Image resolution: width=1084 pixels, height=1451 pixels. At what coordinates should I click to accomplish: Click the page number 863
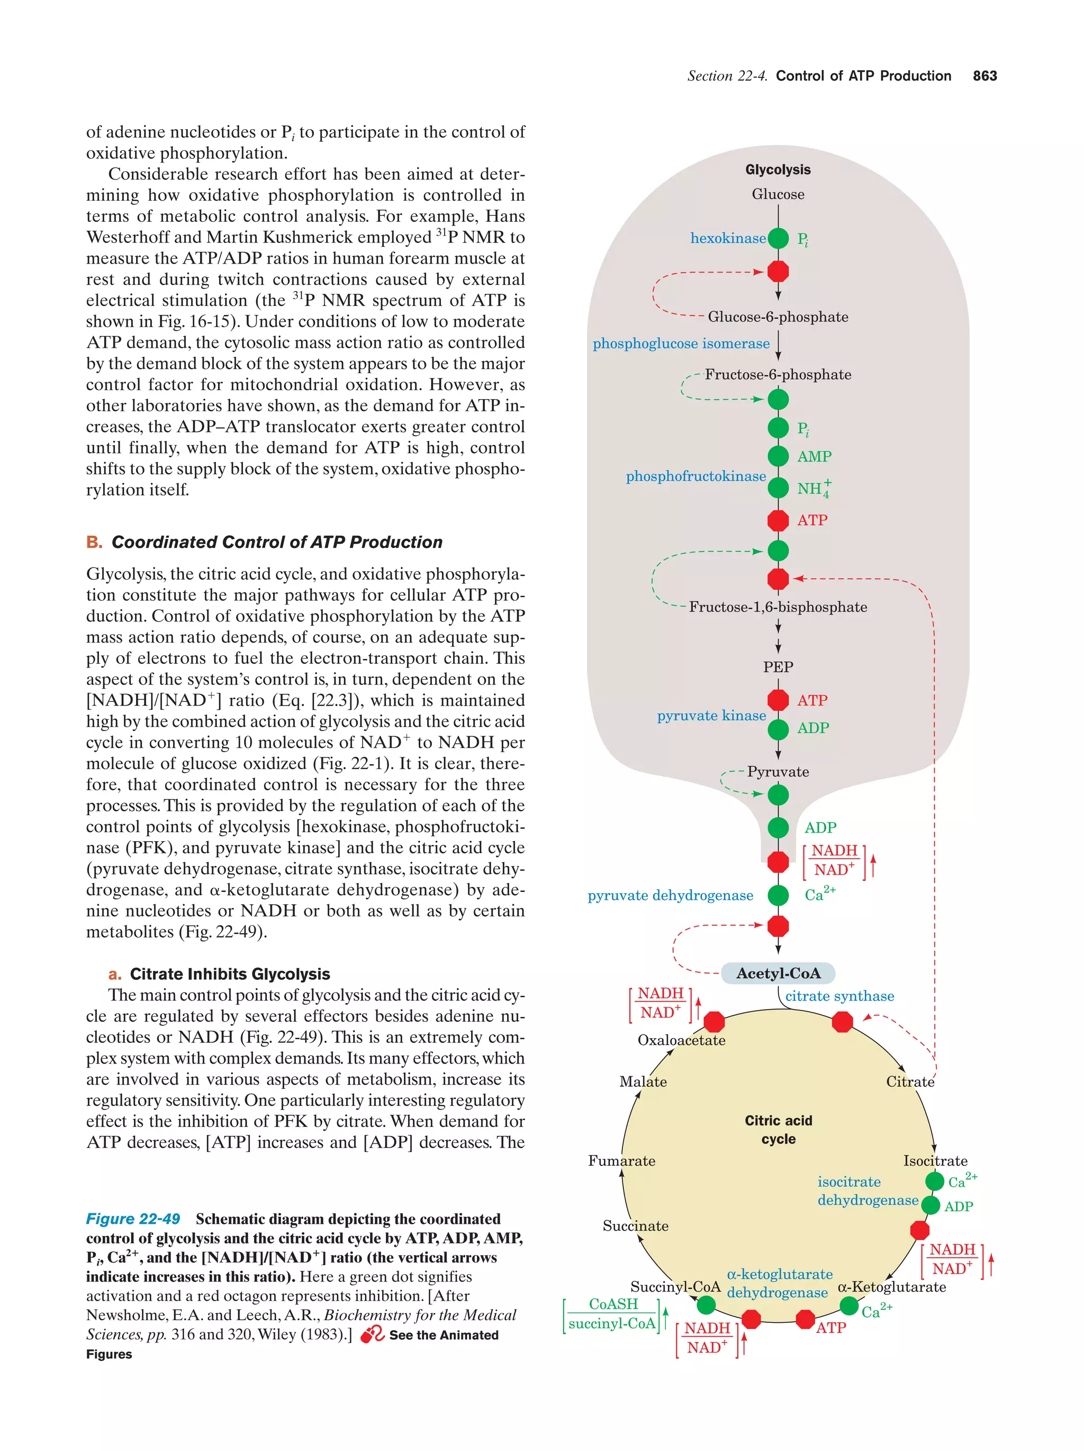984,76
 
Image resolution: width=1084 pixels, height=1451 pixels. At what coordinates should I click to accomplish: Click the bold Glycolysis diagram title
778,169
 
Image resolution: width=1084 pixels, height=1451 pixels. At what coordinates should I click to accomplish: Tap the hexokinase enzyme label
727,238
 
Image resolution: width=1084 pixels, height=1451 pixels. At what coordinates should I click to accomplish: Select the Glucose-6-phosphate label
778,317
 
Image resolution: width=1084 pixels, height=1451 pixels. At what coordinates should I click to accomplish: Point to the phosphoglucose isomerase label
681,344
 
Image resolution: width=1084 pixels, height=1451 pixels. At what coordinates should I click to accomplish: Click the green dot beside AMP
778,456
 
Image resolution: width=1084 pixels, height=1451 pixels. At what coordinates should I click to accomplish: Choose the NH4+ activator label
813,488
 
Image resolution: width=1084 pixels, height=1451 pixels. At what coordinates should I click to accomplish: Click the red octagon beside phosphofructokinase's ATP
778,520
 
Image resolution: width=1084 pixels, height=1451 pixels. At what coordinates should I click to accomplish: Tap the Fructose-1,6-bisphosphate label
778,607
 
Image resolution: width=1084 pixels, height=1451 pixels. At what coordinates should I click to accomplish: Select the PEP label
778,667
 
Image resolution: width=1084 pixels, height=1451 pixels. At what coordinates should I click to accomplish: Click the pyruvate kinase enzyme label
711,716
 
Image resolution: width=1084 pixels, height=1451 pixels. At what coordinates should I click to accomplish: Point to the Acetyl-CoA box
778,974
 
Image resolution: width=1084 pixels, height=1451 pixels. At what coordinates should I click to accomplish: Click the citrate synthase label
839,996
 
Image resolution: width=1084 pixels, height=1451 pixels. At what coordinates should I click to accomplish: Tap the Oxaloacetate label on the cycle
681,1040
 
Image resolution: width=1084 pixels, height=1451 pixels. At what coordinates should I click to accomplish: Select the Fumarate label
621,1161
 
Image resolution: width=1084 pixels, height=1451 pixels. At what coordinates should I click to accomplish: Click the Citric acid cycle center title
778,1130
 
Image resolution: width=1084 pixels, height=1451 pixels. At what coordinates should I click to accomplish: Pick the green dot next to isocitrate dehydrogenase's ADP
931,1205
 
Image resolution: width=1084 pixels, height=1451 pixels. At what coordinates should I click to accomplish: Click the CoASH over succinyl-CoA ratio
612,1314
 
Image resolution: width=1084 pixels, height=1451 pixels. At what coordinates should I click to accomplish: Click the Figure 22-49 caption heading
133,1219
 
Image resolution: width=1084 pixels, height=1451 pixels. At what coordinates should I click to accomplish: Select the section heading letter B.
94,543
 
